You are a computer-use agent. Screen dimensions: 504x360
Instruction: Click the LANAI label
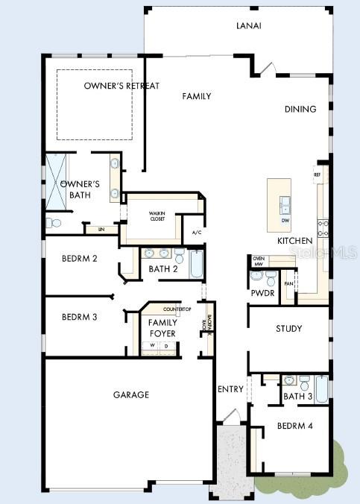[x=250, y=26]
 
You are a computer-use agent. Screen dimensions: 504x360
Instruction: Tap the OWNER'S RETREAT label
[x=121, y=86]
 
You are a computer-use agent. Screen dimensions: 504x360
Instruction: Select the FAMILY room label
[x=197, y=96]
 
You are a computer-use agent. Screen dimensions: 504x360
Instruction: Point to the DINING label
[x=300, y=110]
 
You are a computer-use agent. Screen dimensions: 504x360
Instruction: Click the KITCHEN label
[x=294, y=242]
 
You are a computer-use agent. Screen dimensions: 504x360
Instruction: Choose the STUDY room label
[x=288, y=329]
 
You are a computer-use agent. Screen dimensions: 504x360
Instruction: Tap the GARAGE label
[x=131, y=394]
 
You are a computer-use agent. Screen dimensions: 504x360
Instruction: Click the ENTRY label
[x=230, y=389]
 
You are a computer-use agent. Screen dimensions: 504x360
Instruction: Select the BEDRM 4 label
[x=294, y=426]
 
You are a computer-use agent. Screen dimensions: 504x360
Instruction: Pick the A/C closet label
[x=197, y=233]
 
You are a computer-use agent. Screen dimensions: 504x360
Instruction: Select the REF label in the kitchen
[x=317, y=174]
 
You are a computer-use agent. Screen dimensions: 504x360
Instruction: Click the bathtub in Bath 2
[x=197, y=265]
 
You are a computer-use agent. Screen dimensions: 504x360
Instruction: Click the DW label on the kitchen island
[x=285, y=221]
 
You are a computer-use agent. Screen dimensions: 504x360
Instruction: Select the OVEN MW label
[x=259, y=260]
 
